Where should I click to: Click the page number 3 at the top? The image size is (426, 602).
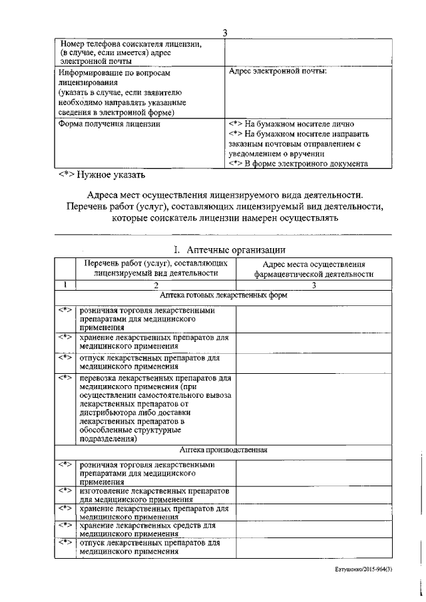coord(225,33)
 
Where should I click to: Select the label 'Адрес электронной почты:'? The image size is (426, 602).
coord(278,71)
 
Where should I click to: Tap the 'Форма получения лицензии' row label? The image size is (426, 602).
coord(109,124)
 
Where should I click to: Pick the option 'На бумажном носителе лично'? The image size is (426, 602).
coord(296,124)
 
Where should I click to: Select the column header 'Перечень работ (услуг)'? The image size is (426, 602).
coord(156,263)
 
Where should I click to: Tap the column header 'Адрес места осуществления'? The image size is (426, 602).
coord(311,264)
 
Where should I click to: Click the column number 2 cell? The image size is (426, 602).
coord(156,285)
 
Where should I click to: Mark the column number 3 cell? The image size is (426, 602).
coord(314,285)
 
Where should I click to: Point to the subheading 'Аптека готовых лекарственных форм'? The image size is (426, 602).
coord(224,295)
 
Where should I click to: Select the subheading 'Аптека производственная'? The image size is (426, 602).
coord(224,450)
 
